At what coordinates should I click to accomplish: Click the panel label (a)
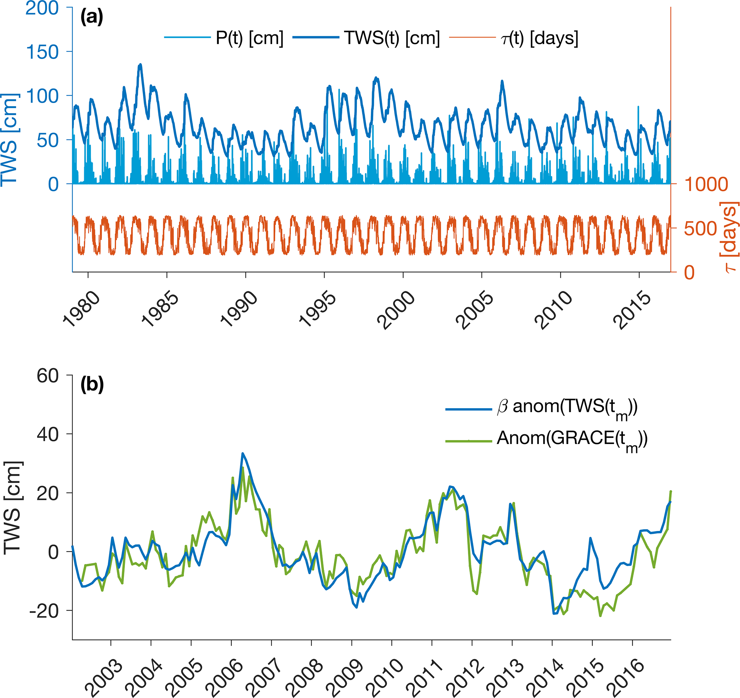92,17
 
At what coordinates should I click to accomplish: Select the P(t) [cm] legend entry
250,38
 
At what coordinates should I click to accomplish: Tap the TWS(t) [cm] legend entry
392,38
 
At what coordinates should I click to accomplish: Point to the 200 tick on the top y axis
42,8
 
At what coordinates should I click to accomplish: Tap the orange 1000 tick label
706,184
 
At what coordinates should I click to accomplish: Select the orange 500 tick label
700,229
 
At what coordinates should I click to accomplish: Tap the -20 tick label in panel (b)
44,611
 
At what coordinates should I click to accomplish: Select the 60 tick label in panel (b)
48,376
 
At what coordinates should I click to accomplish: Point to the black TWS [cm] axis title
13,508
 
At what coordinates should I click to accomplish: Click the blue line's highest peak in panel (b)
242,453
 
